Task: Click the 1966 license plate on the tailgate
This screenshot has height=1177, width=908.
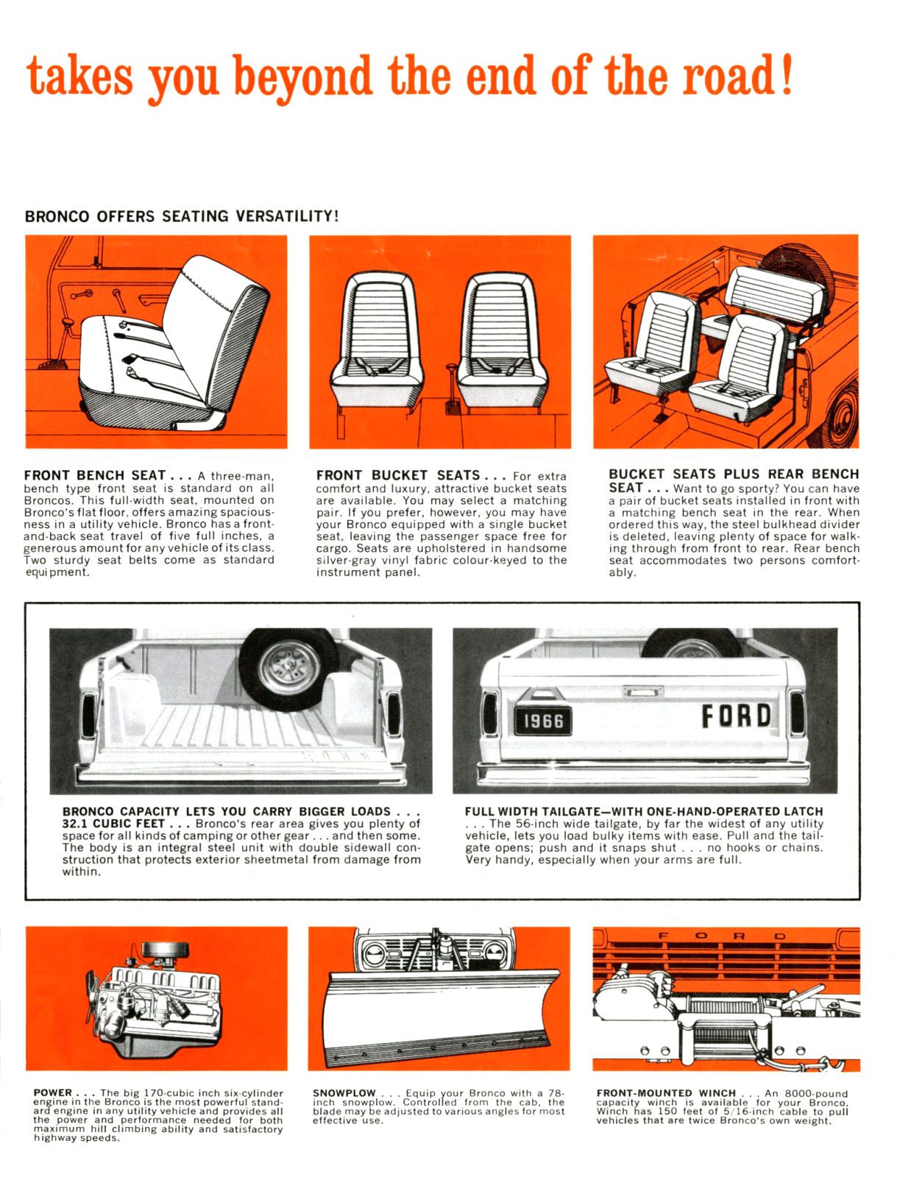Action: (542, 720)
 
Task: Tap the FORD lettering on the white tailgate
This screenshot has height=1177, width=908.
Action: (736, 716)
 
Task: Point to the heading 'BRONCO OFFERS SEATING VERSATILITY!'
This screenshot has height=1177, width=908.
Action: (182, 216)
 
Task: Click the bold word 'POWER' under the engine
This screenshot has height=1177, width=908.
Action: (53, 1093)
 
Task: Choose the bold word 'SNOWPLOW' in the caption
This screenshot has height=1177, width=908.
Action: (344, 1093)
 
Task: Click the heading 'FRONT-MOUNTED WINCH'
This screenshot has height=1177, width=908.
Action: (665, 1093)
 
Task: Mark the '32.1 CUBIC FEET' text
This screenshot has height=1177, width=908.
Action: (113, 824)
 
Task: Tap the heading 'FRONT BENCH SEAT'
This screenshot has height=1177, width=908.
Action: (95, 475)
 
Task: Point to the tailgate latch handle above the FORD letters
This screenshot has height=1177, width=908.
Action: (642, 691)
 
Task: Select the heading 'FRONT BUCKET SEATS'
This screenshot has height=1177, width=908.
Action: (397, 475)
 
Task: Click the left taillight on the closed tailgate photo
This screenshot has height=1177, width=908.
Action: (491, 712)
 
